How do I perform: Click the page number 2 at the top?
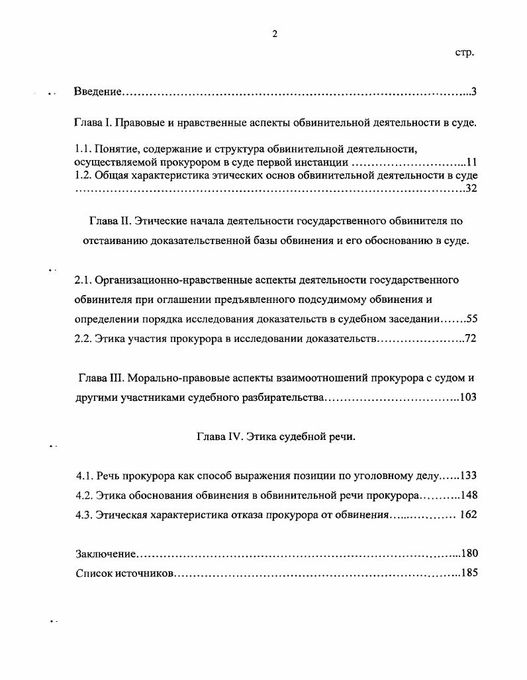coord(274,34)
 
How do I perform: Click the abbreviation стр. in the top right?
coord(465,52)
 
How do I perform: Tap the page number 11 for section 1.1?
coord(471,162)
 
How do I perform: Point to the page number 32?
coord(471,189)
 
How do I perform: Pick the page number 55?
coord(471,319)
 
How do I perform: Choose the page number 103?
coord(468,398)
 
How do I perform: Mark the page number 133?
coord(468,476)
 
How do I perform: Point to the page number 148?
coord(468,495)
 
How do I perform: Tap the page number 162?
coord(468,515)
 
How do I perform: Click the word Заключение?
coord(105,554)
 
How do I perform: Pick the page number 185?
coord(468,573)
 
